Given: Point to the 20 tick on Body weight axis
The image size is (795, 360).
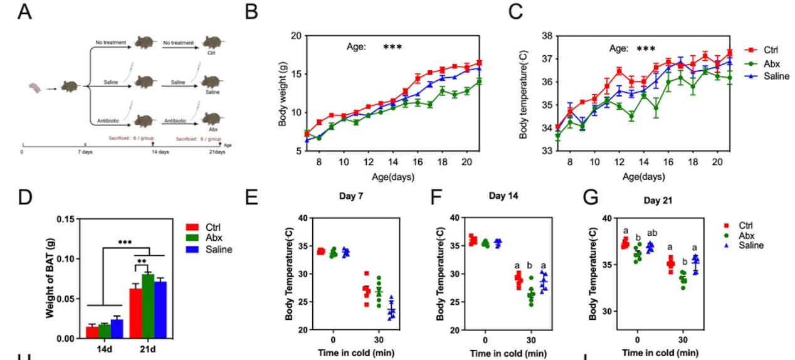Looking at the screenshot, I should tap(295, 35).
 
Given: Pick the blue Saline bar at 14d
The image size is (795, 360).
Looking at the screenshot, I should tap(115, 328).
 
